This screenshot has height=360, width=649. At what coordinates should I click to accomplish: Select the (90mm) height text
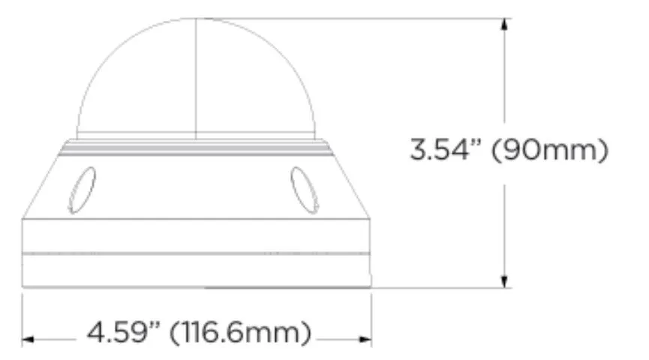click(550, 150)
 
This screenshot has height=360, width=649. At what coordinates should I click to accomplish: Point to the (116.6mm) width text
click(240, 333)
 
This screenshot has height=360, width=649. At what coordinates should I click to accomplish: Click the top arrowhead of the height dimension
click(504, 23)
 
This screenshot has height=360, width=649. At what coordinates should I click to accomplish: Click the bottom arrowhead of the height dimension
click(504, 282)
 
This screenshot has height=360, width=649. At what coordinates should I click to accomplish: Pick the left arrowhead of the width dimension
click(28, 340)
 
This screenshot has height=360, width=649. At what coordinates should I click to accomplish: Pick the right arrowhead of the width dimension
click(365, 340)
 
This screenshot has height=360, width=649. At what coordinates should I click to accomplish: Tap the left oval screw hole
click(82, 190)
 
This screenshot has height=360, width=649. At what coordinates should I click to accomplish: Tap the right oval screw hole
click(305, 190)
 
